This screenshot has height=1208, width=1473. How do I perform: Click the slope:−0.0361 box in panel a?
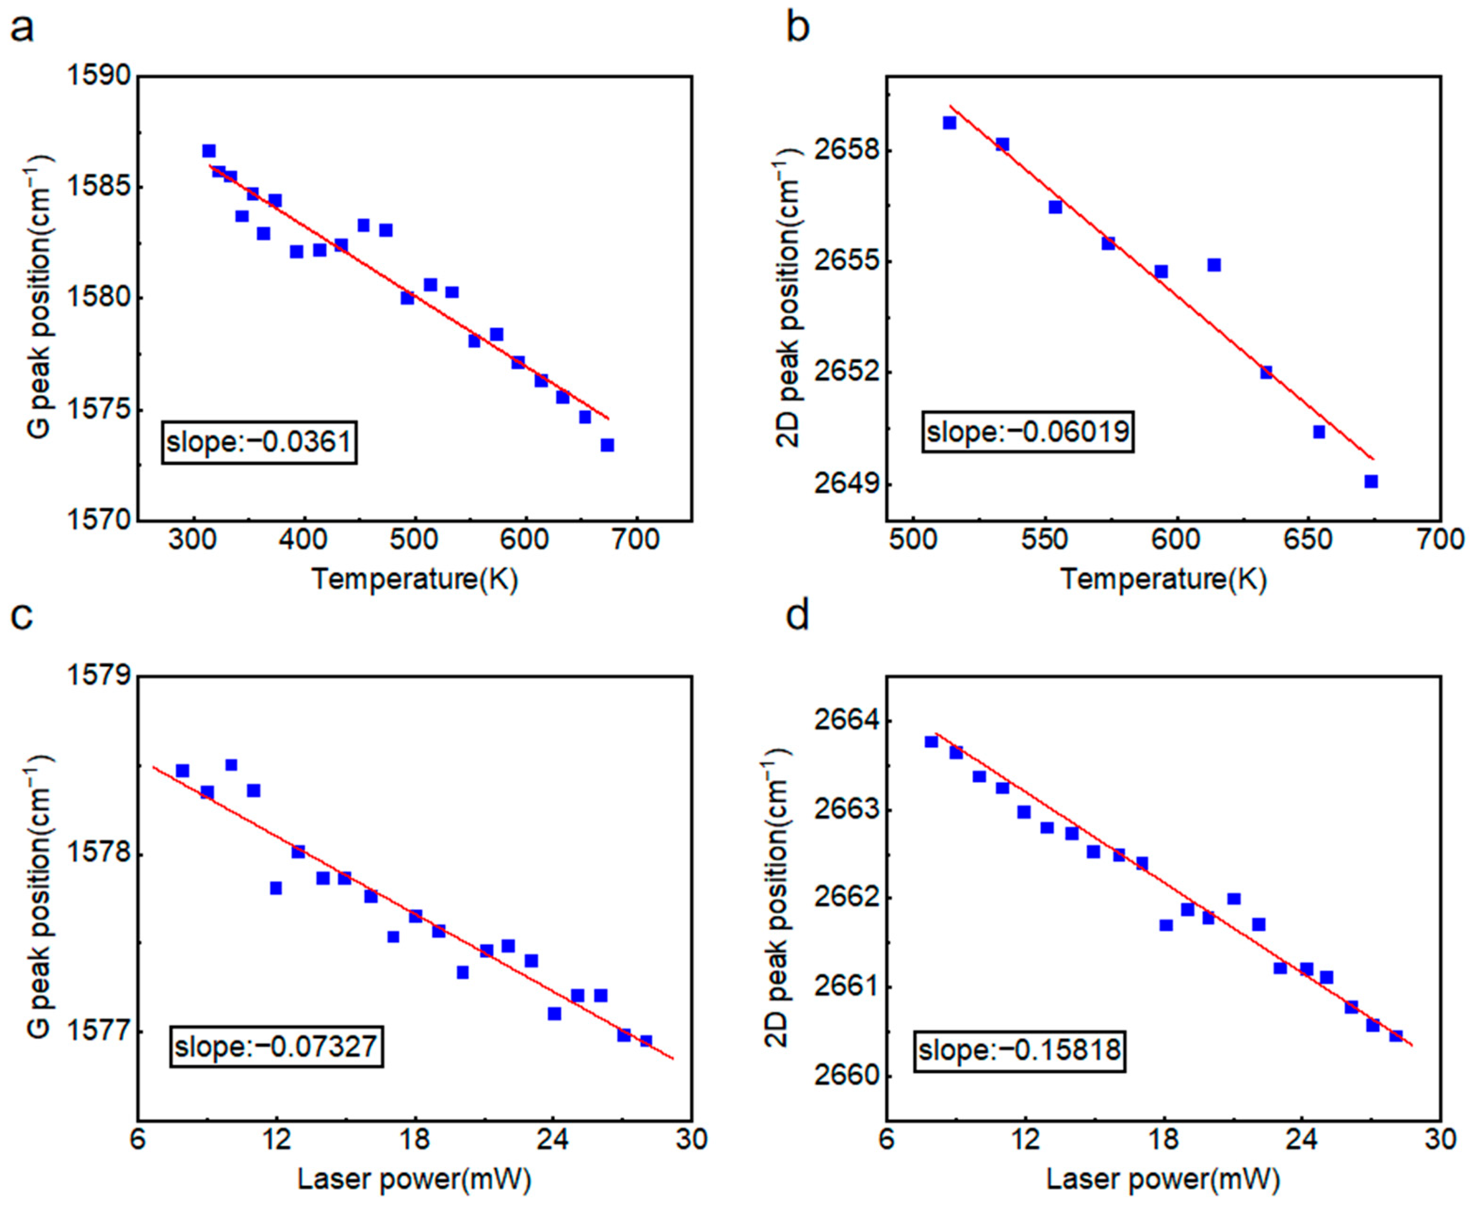(259, 442)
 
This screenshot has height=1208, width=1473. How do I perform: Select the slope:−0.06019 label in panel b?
(1028, 432)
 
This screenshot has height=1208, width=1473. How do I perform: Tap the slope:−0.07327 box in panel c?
(276, 1047)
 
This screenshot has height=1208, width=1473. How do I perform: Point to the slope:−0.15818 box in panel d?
(1019, 1049)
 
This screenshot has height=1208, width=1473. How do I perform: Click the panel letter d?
(797, 616)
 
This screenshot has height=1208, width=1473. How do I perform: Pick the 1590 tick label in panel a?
(99, 76)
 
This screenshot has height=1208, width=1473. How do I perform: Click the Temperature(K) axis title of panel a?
(415, 579)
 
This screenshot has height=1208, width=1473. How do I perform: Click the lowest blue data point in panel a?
(607, 445)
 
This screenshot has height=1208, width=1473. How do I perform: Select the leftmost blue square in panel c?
(182, 770)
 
